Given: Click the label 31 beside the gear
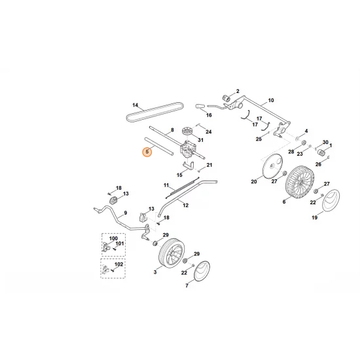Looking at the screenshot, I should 201,140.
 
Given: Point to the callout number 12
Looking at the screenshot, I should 186,205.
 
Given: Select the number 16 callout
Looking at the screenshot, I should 209,115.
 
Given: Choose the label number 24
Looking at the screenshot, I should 209,132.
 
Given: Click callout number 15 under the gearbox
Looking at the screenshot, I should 179,175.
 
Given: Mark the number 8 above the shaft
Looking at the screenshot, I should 172,131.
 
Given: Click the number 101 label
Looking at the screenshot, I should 120,244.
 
